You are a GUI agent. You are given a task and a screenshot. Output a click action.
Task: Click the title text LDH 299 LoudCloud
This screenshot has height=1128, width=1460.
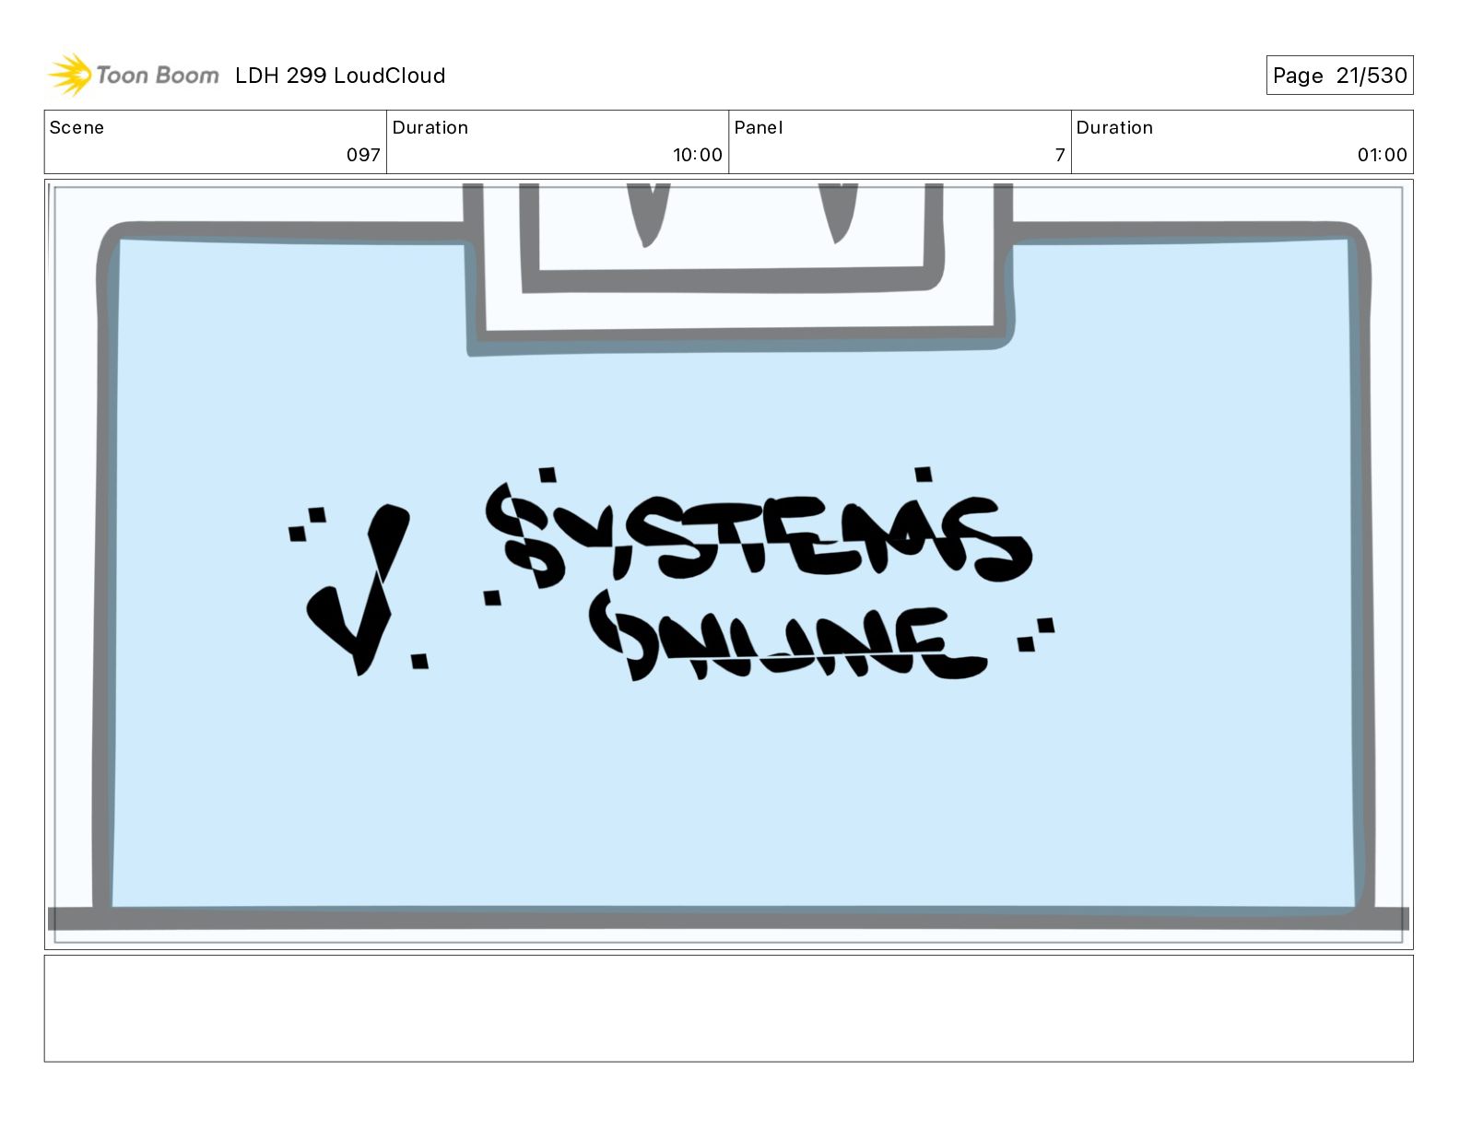coord(339,76)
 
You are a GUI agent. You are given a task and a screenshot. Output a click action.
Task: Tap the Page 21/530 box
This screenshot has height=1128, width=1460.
coord(1338,76)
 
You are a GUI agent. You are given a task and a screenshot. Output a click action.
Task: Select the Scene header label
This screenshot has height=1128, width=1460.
coord(77,127)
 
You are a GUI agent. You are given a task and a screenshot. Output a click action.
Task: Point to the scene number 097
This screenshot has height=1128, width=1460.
coord(363,155)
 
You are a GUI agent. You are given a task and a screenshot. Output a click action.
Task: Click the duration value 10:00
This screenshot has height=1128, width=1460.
coord(697,155)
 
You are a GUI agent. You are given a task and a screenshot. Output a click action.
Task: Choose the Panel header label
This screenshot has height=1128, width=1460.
coord(758,127)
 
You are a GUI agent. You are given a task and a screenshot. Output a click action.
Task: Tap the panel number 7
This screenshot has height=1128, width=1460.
coord(1060,155)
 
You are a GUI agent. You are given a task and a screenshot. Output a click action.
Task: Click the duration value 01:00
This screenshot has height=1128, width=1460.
coord(1382,155)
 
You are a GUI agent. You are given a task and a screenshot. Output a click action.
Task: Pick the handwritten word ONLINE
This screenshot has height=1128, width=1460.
coord(788,640)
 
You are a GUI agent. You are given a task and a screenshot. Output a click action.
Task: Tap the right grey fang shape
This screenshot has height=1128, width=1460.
coord(840,212)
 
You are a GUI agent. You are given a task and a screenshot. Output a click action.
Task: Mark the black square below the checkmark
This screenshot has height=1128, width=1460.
coord(419,660)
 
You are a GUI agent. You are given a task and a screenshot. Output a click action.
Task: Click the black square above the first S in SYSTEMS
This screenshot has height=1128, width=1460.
coord(547,475)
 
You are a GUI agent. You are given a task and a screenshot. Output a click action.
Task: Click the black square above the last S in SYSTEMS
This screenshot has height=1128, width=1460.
coord(923,475)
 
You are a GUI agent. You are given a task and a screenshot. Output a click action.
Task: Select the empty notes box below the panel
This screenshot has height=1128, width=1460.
coord(728,1008)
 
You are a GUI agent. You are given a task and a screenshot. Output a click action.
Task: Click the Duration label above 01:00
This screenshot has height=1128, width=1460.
coord(1113,127)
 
